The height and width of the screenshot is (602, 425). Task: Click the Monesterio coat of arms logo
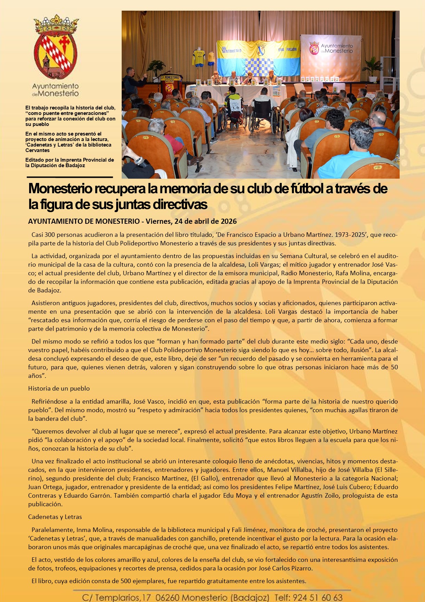point(56,48)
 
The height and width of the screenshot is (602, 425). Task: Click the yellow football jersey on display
point(198,58)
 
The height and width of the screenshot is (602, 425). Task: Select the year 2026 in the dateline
point(228,221)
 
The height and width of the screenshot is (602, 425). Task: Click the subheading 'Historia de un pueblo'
point(59,389)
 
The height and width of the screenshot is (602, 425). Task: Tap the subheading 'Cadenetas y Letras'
point(55,517)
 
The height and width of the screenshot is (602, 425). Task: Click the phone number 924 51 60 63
point(318,598)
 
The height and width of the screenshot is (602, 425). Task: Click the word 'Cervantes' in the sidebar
point(37,150)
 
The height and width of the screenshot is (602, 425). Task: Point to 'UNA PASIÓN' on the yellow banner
point(287,50)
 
